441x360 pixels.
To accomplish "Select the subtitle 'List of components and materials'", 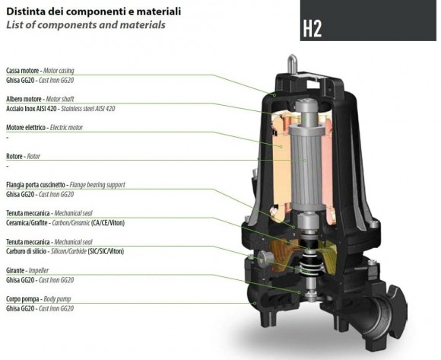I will point(84,24).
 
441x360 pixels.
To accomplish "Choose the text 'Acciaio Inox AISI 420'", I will point(33,108).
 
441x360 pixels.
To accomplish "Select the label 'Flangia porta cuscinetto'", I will point(37,184).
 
